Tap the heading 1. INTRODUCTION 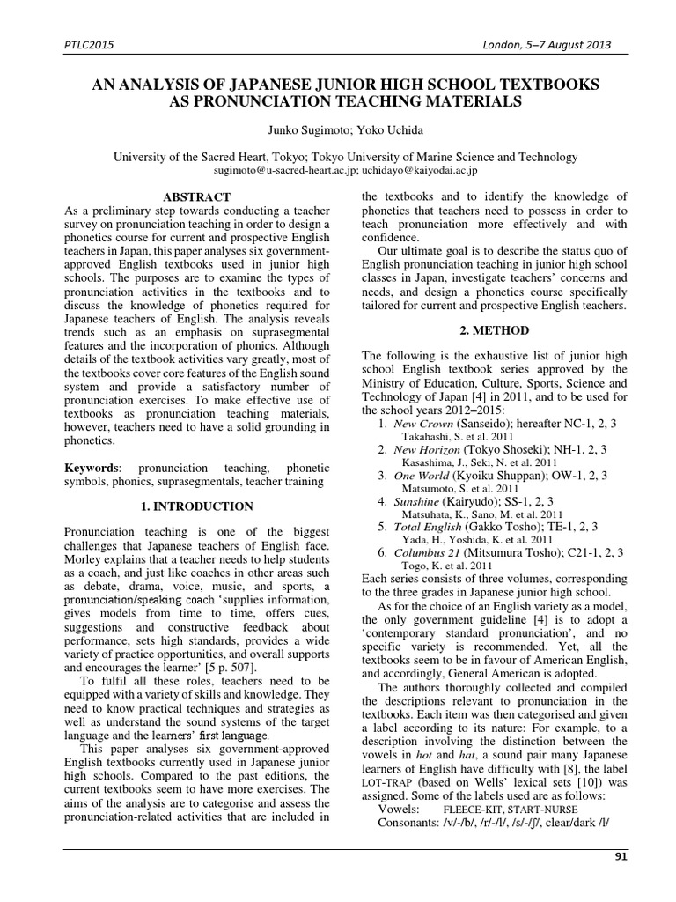point(197,506)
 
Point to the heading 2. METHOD point(495,330)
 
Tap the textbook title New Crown point(424,424)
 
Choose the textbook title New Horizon point(429,449)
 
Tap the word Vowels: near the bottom point(398,808)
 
